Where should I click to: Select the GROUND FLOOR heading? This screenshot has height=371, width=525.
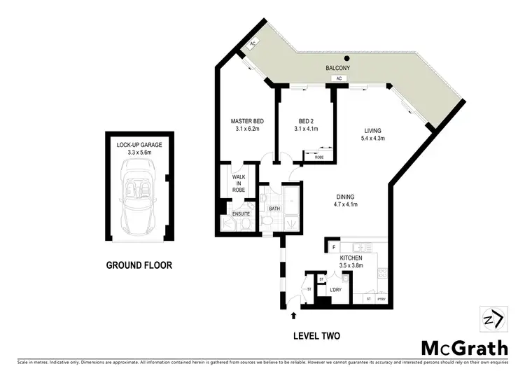point(139,265)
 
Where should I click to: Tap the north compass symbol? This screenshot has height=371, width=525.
point(493,321)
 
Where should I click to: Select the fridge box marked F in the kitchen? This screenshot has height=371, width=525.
point(335,247)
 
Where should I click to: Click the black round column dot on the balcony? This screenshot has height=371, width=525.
point(346,58)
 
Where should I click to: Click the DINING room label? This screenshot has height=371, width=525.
point(344,197)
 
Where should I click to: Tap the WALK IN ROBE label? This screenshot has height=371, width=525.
point(239,183)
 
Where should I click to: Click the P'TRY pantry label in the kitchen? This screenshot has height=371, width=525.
point(382,300)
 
